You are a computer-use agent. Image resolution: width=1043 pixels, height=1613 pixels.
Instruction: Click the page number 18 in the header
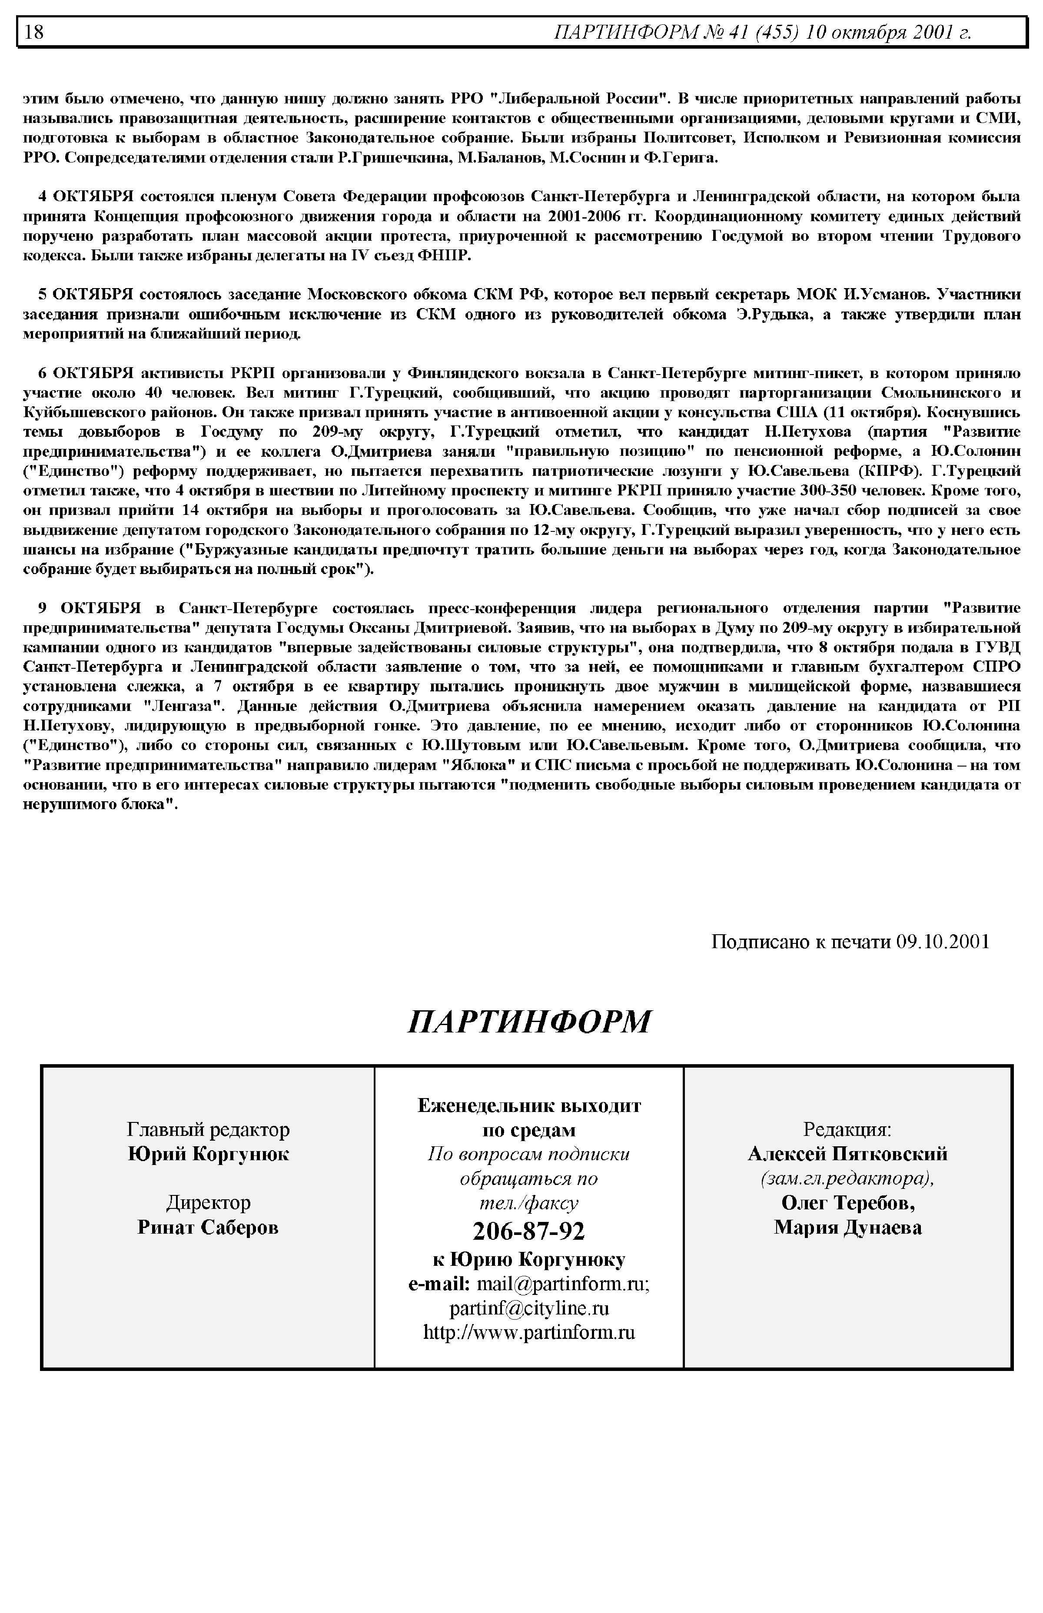34,32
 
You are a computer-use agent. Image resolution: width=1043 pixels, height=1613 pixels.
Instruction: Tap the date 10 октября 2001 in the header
887,32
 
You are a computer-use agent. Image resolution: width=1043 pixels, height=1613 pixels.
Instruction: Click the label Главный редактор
208,1129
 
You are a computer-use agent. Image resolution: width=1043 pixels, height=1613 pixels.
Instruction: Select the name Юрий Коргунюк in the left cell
208,1154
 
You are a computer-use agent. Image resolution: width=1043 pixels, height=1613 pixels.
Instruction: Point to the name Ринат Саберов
208,1227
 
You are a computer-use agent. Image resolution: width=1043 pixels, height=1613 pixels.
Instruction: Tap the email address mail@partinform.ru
563,1284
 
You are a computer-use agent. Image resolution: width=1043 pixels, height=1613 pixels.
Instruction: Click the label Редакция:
847,1129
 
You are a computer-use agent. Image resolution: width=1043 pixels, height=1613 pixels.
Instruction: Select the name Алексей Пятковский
847,1154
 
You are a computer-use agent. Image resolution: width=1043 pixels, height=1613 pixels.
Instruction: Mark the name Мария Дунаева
847,1227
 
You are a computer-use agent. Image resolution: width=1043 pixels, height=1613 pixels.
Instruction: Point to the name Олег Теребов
847,1203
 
